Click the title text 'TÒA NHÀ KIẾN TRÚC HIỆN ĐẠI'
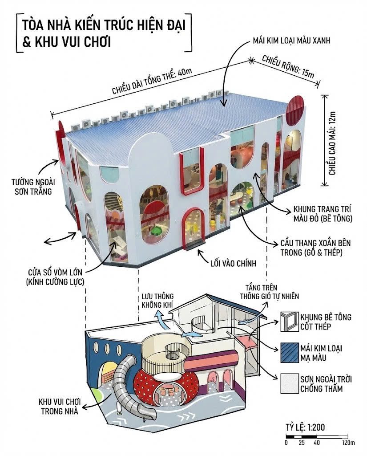tap(104, 25)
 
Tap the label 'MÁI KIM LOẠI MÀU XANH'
tap(291, 41)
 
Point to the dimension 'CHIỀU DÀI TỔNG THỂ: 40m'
tap(152, 81)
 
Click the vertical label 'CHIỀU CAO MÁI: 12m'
tap(332, 143)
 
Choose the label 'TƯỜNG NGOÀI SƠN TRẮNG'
tap(33, 187)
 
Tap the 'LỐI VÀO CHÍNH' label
tap(234, 263)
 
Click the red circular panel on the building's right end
tap(295, 110)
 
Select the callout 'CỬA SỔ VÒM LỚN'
tap(55, 273)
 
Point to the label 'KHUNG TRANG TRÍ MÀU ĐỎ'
tap(323, 214)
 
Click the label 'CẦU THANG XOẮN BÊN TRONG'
tap(315, 248)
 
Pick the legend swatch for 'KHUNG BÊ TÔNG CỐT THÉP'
tap(290, 322)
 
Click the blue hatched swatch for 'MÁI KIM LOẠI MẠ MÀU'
tap(290, 353)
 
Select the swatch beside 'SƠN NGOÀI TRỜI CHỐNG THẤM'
tap(290, 383)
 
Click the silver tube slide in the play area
tap(128, 387)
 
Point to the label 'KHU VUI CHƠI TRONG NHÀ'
tap(60, 407)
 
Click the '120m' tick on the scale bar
tap(348, 443)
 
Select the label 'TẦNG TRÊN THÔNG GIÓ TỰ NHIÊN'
tap(269, 292)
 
